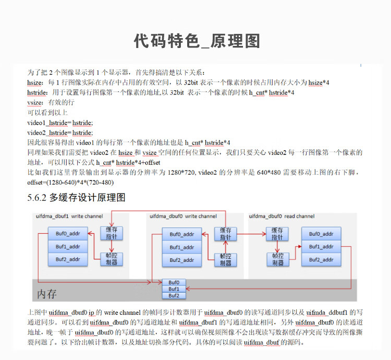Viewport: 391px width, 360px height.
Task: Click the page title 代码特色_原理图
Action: pos(197,41)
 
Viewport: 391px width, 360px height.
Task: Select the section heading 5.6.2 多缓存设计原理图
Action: pos(76,198)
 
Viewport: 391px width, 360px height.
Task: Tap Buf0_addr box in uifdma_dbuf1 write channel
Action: pos(68,234)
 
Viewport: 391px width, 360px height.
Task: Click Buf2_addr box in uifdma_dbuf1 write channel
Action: pos(68,259)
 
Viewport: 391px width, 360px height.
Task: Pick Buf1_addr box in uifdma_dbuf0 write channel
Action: pos(182,247)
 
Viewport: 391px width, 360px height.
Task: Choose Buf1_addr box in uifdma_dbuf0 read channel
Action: pos(321,247)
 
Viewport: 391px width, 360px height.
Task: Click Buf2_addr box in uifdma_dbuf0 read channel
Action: pos(321,260)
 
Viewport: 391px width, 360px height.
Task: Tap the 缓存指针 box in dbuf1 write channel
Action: pos(112,233)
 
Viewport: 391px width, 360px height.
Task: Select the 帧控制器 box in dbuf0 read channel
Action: pos(278,259)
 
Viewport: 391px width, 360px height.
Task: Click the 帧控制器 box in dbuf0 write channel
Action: pos(225,260)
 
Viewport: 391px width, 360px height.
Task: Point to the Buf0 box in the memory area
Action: pos(174,282)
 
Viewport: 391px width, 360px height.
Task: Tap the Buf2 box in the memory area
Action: pos(174,296)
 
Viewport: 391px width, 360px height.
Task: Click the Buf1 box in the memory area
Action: pos(174,289)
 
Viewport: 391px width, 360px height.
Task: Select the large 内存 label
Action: pos(47,294)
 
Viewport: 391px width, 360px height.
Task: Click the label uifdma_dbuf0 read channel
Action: pos(282,217)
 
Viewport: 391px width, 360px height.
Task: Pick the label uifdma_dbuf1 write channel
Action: pos(69,217)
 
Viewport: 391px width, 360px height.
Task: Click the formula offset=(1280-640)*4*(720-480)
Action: pos(70,183)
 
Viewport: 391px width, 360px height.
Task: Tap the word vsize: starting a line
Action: pos(35,103)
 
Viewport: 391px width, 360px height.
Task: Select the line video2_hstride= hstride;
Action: pos(60,133)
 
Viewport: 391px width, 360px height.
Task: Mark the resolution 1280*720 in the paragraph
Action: pos(181,172)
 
